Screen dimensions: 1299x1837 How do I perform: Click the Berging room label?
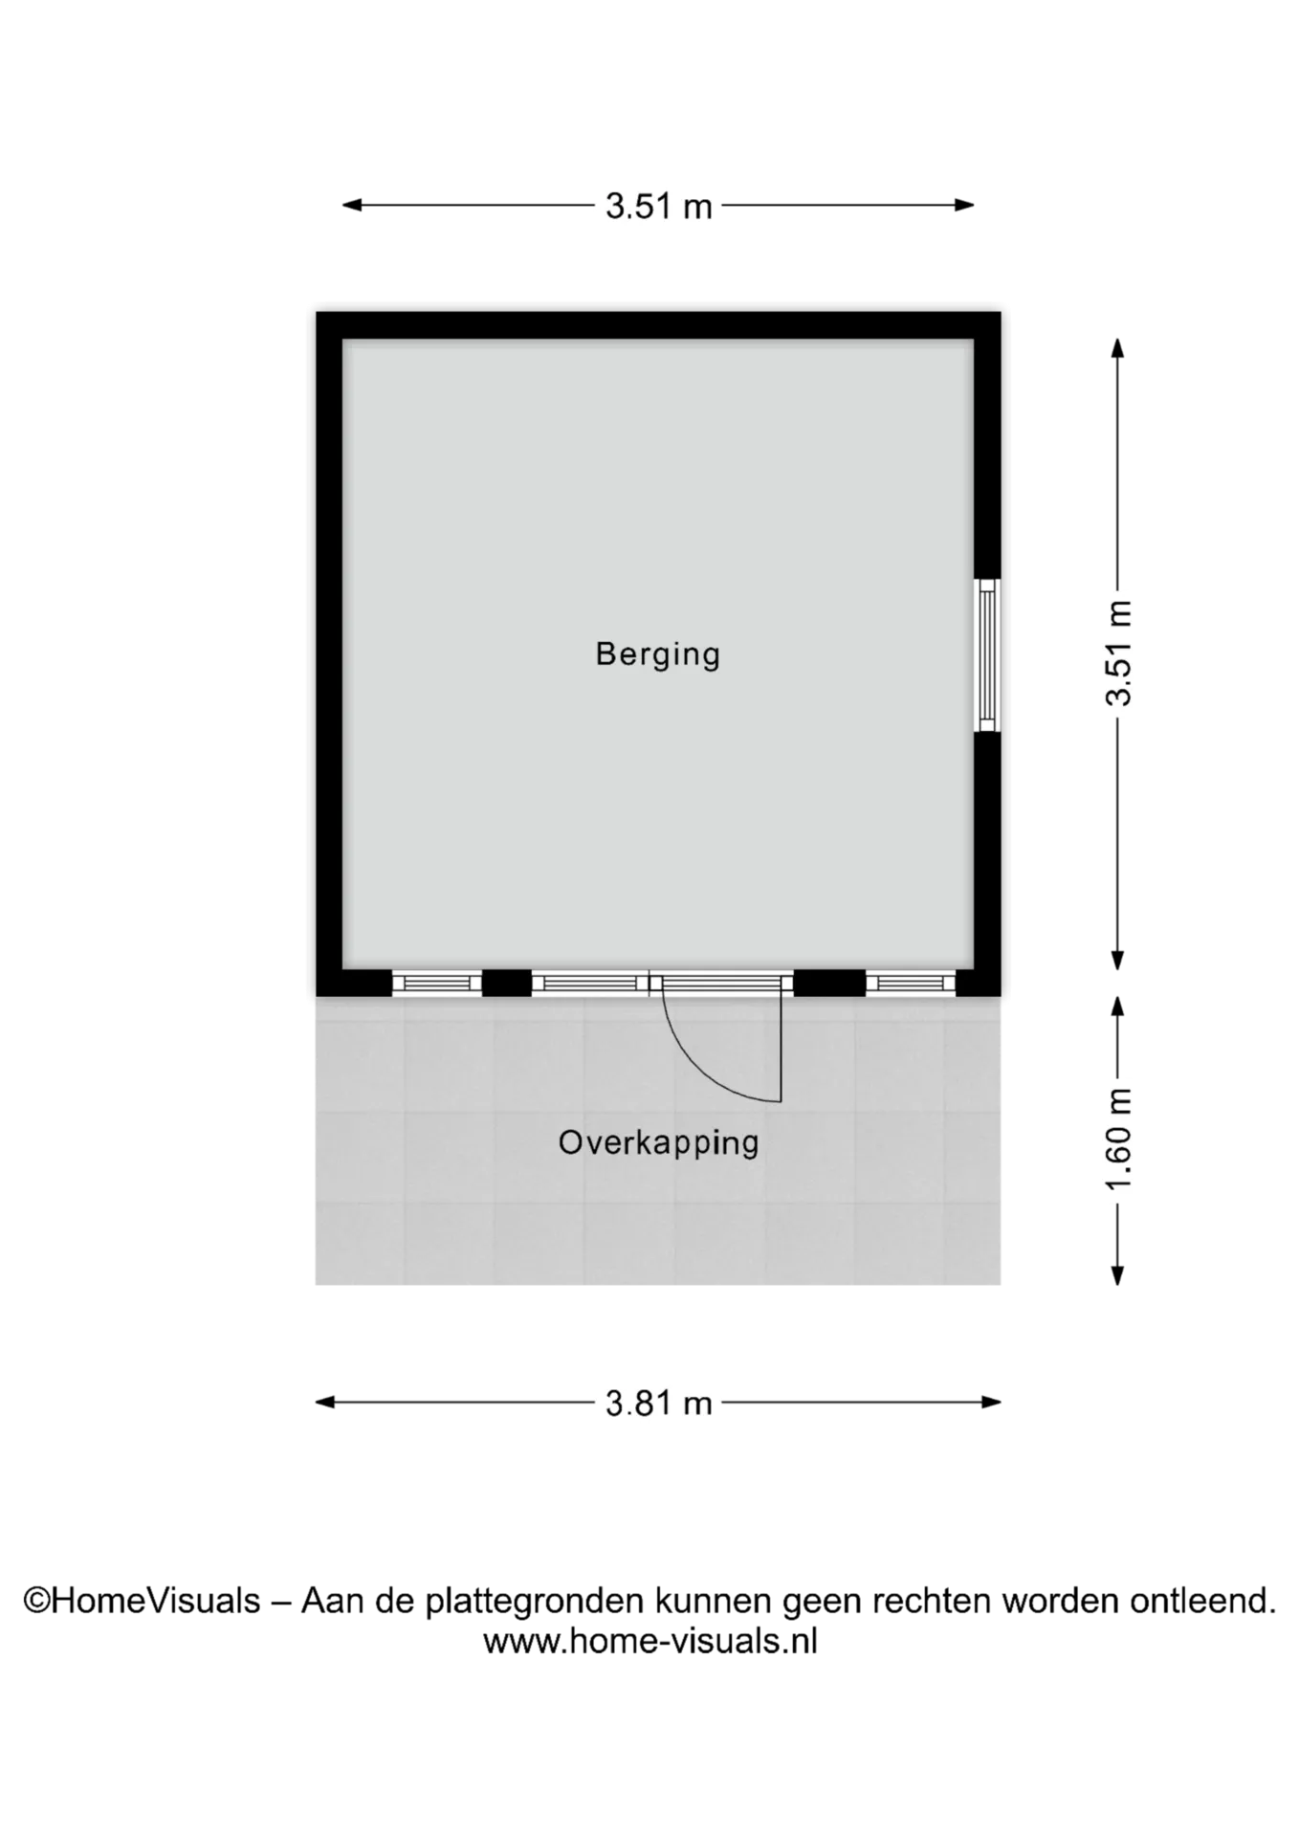pyautogui.click(x=657, y=655)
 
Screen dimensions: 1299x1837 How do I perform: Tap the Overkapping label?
pyautogui.click(x=658, y=1143)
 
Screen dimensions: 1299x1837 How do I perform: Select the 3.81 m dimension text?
pyautogui.click(x=659, y=1404)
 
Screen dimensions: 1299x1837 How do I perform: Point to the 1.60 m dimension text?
pyautogui.click(x=1117, y=1139)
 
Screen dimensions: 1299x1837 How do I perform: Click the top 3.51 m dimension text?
pyautogui.click(x=659, y=206)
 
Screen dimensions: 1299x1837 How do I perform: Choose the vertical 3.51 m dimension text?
pyautogui.click(x=1117, y=653)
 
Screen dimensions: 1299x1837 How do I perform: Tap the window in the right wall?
pyautogui.click(x=987, y=655)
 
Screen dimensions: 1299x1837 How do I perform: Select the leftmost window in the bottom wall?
pyautogui.click(x=437, y=983)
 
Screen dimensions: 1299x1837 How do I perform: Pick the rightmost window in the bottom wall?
pyautogui.click(x=911, y=983)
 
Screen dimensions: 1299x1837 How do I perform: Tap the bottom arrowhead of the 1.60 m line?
pyautogui.click(x=1117, y=1274)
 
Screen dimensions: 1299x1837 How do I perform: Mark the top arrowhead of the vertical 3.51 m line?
pyautogui.click(x=1117, y=348)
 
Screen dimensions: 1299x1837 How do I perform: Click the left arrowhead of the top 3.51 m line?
pyautogui.click(x=352, y=205)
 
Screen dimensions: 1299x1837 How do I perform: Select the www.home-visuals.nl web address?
pyautogui.click(x=650, y=1641)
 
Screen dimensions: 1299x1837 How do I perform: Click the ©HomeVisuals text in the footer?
pyautogui.click(x=142, y=1601)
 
